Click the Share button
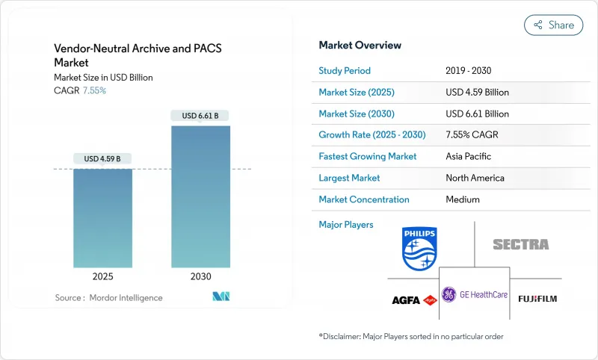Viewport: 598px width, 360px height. coord(554,25)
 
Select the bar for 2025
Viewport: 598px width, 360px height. coord(102,217)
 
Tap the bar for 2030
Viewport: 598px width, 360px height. coord(200,196)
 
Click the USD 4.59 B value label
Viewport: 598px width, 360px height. coord(102,159)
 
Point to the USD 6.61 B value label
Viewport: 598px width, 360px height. coord(200,116)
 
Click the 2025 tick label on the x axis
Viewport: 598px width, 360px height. coord(102,276)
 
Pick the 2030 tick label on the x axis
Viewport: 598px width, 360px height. coord(200,276)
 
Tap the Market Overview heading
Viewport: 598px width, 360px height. coord(360,46)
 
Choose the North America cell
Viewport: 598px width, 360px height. coord(475,178)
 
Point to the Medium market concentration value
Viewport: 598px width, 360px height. coord(462,199)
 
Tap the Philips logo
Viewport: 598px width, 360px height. coord(419,249)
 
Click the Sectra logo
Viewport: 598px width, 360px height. coord(520,244)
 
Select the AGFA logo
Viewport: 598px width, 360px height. coord(414,300)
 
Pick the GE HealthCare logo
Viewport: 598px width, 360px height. coord(475,294)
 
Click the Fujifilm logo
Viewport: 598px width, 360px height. coord(537,299)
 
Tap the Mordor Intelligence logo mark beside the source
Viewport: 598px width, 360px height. coord(221,297)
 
